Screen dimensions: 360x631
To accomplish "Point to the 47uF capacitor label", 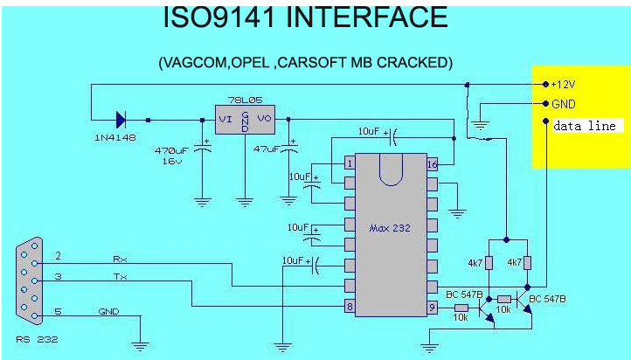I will click(x=268, y=149).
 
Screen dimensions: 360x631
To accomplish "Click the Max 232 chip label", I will click(x=390, y=227).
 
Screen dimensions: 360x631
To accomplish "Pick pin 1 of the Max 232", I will click(x=350, y=163).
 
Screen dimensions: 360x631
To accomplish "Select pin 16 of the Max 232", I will click(x=432, y=163).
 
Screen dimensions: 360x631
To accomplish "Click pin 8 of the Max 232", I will click(x=350, y=307).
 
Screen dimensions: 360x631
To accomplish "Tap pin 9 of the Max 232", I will click(x=432, y=307).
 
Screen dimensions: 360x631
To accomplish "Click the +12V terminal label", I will click(x=565, y=85).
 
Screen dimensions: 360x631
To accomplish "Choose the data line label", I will click(x=585, y=126).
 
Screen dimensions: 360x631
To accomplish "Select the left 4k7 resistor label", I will click(x=476, y=262).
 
